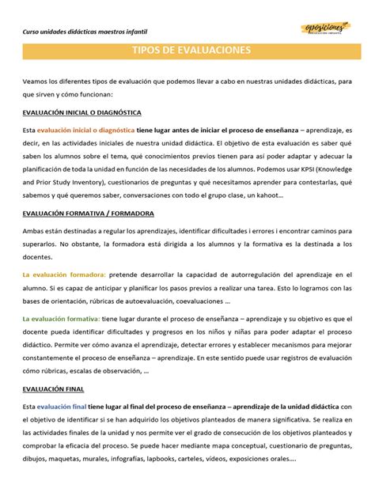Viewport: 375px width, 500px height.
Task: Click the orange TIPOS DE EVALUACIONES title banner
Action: tap(187, 51)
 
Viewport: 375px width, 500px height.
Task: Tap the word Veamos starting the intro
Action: tap(36, 81)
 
